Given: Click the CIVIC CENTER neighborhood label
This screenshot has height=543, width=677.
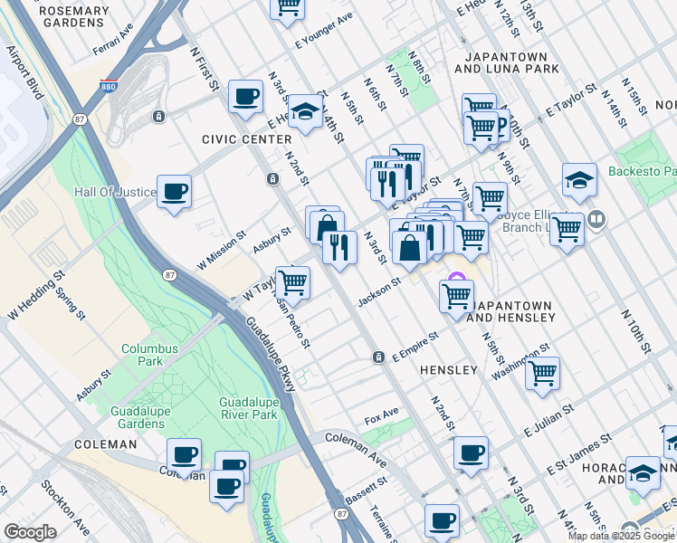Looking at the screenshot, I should coord(247,139).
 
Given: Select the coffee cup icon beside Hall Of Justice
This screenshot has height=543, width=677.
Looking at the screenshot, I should coord(174,192).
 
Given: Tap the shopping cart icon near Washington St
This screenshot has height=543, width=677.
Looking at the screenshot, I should coord(542,373).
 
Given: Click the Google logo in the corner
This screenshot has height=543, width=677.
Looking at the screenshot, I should coord(30,532).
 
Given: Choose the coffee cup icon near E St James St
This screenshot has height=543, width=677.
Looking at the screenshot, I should coord(471,452).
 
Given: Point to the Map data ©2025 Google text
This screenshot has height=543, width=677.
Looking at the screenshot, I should coord(621,536).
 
